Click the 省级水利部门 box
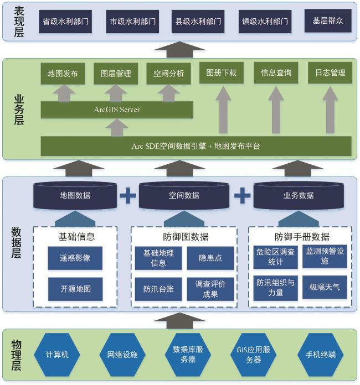[65, 22]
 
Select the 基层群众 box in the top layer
[328, 21]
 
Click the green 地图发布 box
[63, 73]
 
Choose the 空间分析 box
[169, 73]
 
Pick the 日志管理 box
[330, 73]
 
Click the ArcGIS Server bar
[117, 110]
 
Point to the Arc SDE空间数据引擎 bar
[196, 146]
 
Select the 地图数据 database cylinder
[75, 195]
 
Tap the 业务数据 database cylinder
[298, 195]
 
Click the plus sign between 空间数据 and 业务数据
[242, 195]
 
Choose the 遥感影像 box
[75, 258]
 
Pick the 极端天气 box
[325, 287]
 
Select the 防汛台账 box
[158, 289]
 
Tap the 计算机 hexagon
[57, 355]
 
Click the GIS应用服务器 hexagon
[253, 355]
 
